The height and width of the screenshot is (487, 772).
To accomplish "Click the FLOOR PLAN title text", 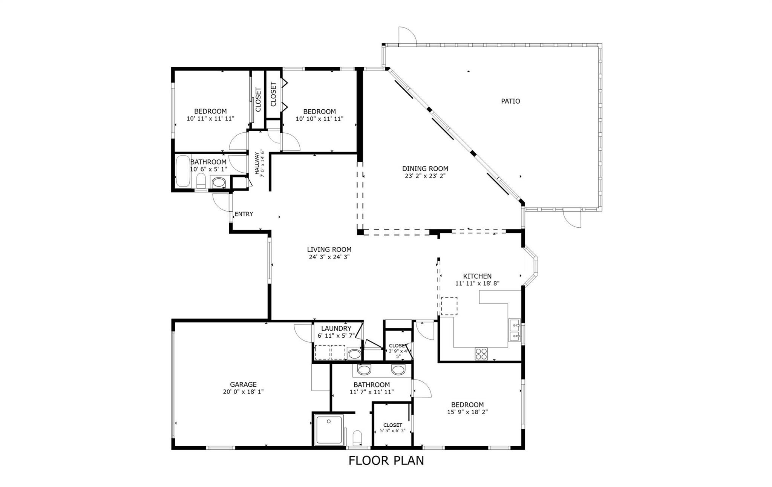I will pyautogui.click(x=386, y=461).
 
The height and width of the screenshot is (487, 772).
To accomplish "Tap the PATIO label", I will pyautogui.click(x=510, y=101).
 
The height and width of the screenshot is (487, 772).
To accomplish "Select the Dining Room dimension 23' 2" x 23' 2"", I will pyautogui.click(x=425, y=176).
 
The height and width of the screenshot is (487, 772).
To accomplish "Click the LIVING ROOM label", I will pyautogui.click(x=329, y=250).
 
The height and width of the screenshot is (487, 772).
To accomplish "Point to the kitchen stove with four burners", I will pyautogui.click(x=481, y=354).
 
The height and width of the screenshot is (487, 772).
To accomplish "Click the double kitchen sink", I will pyautogui.click(x=515, y=330).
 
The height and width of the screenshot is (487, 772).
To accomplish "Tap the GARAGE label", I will pyautogui.click(x=243, y=384).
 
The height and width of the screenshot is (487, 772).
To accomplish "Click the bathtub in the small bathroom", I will pyautogui.click(x=183, y=172).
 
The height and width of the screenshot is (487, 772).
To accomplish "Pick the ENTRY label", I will pyautogui.click(x=244, y=214).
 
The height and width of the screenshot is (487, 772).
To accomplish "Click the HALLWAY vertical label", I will pyautogui.click(x=260, y=163).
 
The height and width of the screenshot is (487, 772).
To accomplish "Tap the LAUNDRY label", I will pyautogui.click(x=336, y=329).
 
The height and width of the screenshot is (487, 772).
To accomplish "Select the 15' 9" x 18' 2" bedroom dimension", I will pyautogui.click(x=467, y=412).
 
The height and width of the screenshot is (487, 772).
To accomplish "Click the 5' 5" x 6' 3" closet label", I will pyautogui.click(x=392, y=430).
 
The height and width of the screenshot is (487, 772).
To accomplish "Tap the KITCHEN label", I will pyautogui.click(x=477, y=276).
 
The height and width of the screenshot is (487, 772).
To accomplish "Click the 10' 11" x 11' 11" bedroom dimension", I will pyautogui.click(x=210, y=118).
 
